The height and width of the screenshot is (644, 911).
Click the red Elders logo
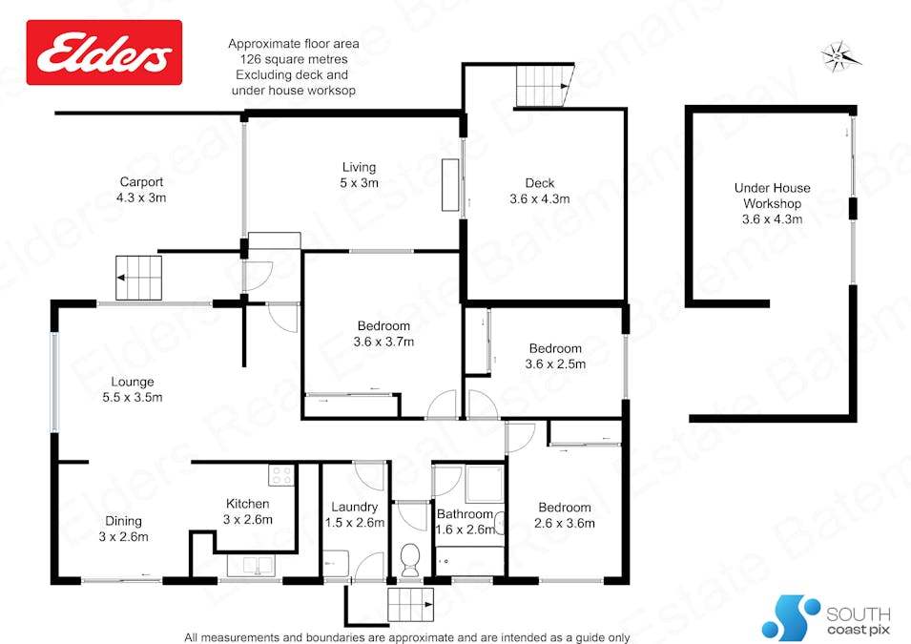103,53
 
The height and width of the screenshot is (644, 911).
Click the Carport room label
141,182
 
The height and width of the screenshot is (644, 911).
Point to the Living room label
360,168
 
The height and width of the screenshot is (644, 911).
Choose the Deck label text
540,183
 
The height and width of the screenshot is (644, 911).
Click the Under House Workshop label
773,196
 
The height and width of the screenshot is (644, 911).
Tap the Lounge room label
133,382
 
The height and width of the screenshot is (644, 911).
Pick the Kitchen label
247,504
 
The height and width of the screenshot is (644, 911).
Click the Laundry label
356,507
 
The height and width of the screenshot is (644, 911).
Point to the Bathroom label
466,514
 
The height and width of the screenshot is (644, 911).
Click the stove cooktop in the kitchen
280,474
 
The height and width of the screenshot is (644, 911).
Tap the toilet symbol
411,559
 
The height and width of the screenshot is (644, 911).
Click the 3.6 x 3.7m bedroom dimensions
383,342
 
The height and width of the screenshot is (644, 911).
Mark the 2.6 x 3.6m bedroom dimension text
564,523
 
